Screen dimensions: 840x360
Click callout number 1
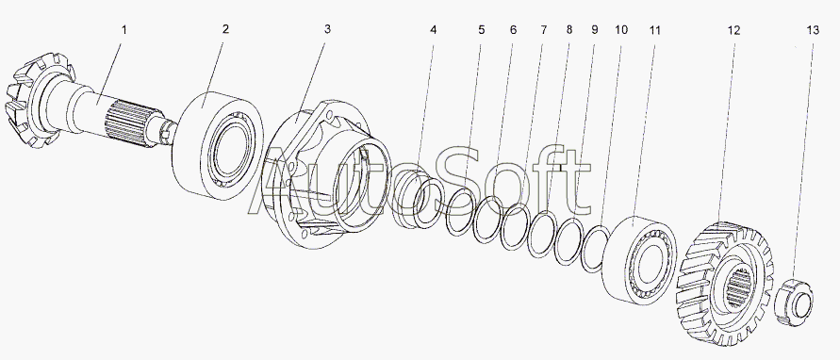[x=124, y=29]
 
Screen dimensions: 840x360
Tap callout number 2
[x=225, y=29]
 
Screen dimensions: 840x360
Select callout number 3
[x=327, y=29]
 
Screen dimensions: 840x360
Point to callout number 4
[x=433, y=30]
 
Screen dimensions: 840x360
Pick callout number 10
[x=621, y=30]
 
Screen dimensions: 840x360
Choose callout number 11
[x=654, y=30]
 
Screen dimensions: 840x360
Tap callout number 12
[x=733, y=30]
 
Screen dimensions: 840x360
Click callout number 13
[x=813, y=30]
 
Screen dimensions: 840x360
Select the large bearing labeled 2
[x=218, y=146]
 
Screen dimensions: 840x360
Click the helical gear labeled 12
[x=725, y=284]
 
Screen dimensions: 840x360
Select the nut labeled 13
[x=794, y=302]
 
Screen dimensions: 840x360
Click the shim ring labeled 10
[x=596, y=249]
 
